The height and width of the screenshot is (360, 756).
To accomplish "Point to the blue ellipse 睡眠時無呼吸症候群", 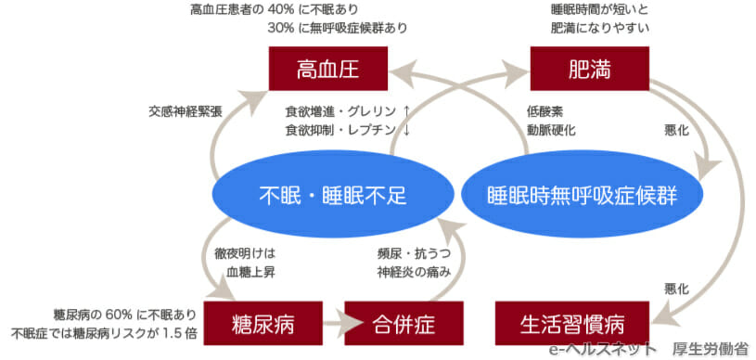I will pos(582,194).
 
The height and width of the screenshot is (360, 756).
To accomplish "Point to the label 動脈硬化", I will pos(551,130).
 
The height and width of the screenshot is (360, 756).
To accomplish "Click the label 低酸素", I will pos(545,110).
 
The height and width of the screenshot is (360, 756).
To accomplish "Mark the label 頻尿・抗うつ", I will pos(414,252).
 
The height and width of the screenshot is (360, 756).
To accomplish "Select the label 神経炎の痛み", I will pos(414,272).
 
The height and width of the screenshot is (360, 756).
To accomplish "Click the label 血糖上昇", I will pos(250,272).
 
